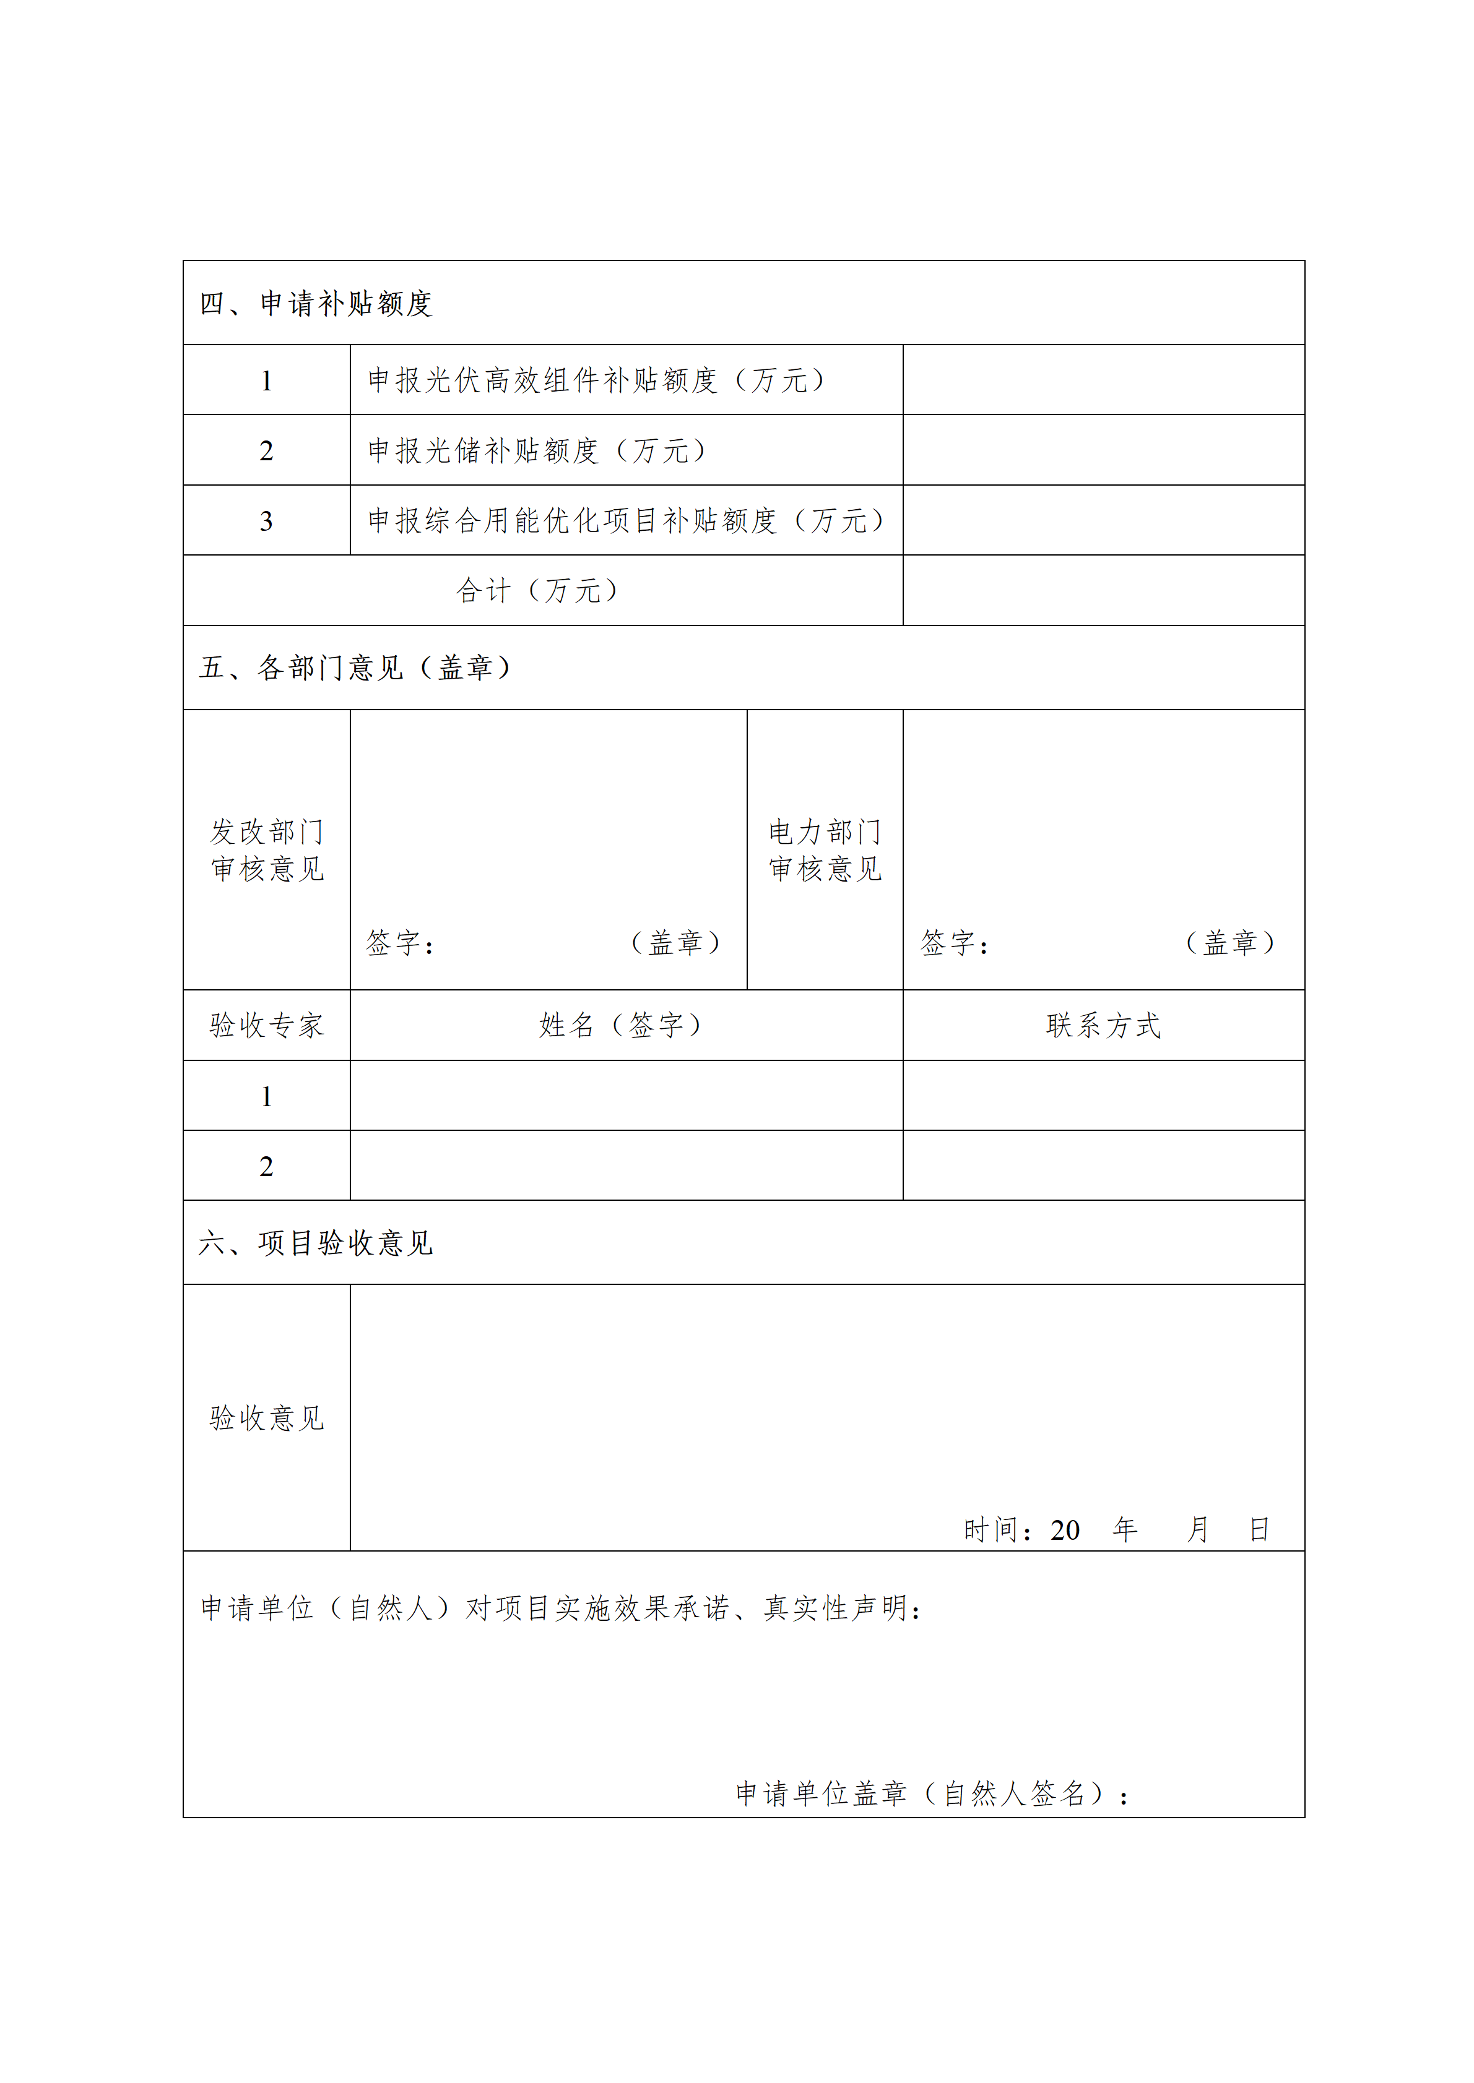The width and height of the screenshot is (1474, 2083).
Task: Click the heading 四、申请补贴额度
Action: coord(315,303)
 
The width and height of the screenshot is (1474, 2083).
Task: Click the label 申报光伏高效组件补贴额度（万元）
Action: coord(596,380)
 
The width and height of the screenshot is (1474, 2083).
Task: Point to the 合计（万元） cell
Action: coord(537,591)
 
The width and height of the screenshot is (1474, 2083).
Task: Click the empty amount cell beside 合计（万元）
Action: coord(1103,591)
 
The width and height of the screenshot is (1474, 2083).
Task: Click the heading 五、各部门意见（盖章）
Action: coord(355,668)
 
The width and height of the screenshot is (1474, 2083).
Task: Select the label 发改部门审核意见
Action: coord(267,850)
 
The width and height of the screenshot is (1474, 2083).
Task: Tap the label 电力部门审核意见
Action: coord(824,850)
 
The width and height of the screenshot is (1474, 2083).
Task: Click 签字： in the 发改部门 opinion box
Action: coord(401,943)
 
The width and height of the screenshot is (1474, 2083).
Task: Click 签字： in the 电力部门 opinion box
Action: coord(954,943)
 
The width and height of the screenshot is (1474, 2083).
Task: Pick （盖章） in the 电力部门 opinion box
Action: coord(1230,943)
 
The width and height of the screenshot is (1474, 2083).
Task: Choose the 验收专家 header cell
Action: coord(267,1025)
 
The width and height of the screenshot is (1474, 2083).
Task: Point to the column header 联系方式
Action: coord(1103,1025)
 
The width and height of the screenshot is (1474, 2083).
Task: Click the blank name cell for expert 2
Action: coord(626,1166)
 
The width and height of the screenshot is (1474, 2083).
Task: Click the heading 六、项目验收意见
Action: coord(315,1243)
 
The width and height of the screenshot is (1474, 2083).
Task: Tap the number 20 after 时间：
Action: coord(1065,1531)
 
